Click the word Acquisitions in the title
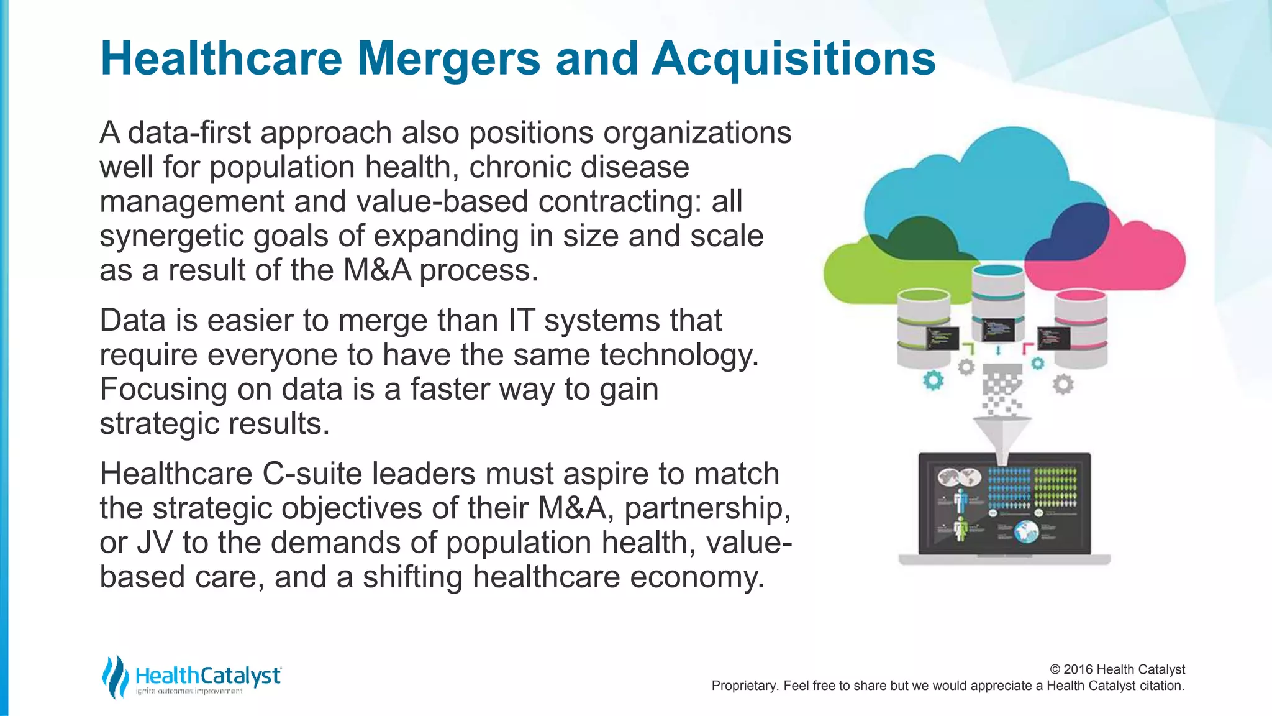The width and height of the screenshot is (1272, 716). click(793, 59)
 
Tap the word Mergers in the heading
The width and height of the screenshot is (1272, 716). click(448, 59)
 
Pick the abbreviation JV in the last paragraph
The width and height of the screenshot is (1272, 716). click(154, 543)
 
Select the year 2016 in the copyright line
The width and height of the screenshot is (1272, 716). click(1078, 669)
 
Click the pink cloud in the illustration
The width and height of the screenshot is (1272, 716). click(1149, 255)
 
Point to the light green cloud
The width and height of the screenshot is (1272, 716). click(857, 273)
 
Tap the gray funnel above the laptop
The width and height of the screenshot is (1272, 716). click(1001, 435)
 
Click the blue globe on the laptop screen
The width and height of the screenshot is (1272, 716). click(1027, 531)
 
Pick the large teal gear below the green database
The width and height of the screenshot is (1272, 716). click(933, 380)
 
